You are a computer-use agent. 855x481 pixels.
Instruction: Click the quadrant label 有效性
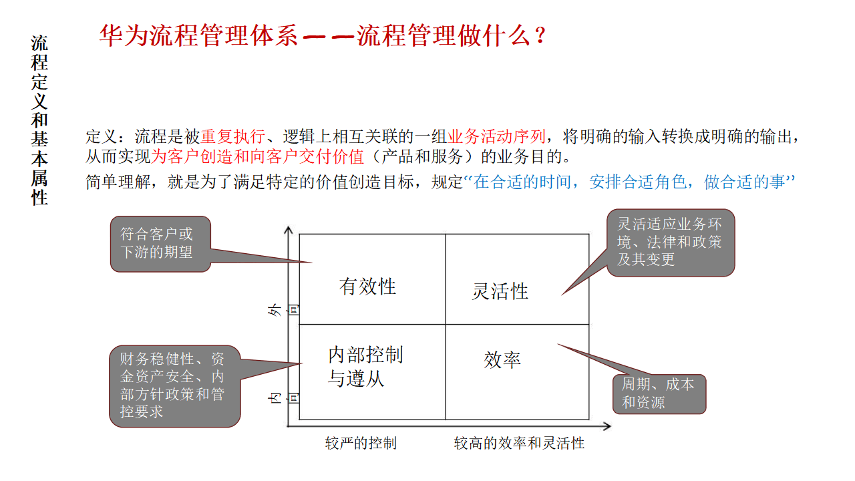(367, 287)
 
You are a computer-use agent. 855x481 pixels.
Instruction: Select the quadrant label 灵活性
(500, 291)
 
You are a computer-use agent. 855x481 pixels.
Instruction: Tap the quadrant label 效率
(502, 360)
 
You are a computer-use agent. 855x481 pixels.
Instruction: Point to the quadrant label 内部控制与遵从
(365, 367)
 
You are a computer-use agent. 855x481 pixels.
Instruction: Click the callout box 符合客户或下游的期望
(160, 244)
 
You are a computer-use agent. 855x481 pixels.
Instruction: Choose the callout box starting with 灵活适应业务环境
(670, 243)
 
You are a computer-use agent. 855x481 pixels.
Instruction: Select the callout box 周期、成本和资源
(659, 393)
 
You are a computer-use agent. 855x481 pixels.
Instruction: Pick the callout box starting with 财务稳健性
(174, 385)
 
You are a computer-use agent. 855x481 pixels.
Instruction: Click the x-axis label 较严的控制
(361, 443)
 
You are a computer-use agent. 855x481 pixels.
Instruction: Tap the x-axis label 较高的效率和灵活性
(519, 443)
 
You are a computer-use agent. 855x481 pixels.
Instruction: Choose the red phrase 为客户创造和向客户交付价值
(258, 158)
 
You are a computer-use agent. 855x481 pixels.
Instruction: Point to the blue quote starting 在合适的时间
(628, 182)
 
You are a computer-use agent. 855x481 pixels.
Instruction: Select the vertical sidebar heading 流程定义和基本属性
(40, 120)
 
